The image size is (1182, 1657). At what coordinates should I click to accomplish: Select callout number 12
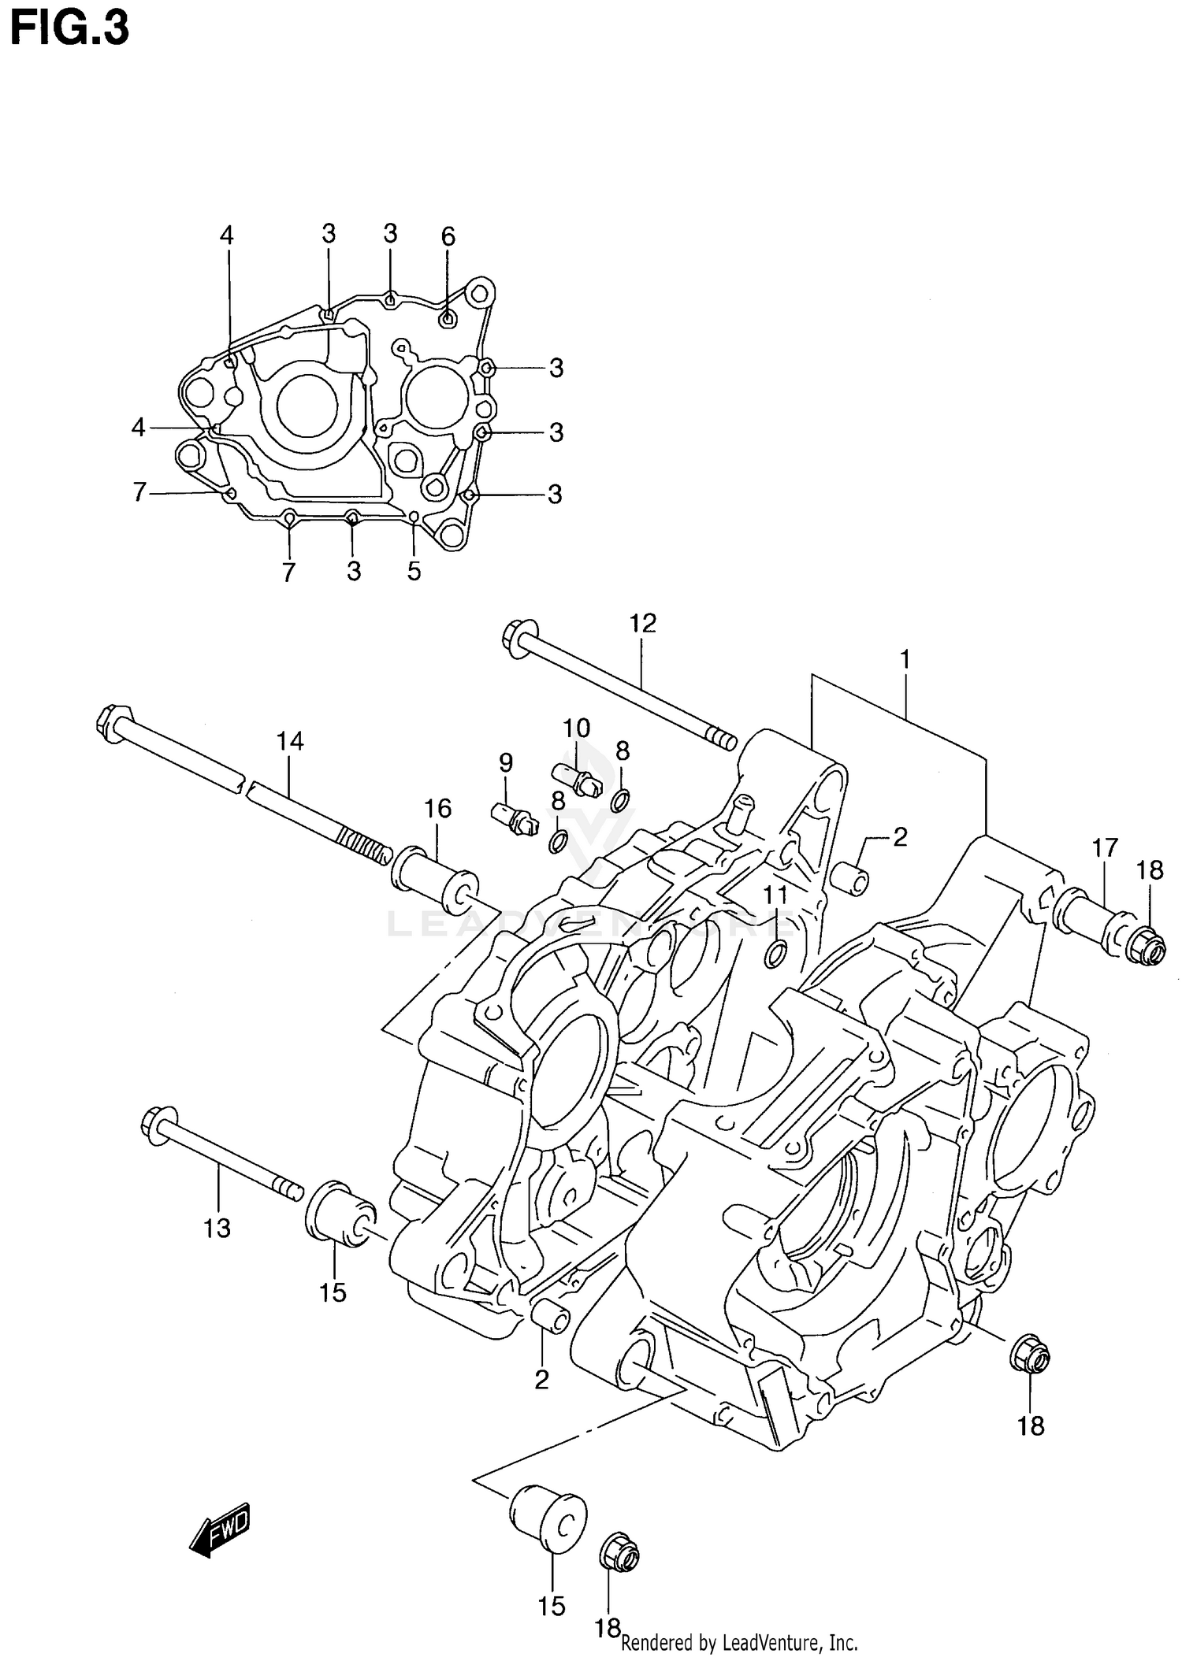tap(642, 624)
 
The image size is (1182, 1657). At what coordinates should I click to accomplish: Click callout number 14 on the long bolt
tap(289, 741)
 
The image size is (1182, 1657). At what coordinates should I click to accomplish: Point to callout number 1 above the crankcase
tap(905, 658)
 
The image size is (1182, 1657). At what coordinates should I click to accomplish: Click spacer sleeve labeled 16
tap(435, 880)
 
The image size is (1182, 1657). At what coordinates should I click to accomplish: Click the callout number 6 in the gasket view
tap(448, 236)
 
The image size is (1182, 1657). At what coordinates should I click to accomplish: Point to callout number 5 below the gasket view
tap(414, 571)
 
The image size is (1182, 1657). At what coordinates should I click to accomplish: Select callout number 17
tap(1105, 848)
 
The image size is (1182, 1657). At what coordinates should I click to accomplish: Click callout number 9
tap(506, 762)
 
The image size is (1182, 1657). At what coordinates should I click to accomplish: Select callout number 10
tap(576, 727)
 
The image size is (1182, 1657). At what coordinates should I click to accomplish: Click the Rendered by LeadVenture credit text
tap(738, 1643)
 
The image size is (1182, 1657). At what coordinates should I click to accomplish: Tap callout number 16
tap(438, 808)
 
